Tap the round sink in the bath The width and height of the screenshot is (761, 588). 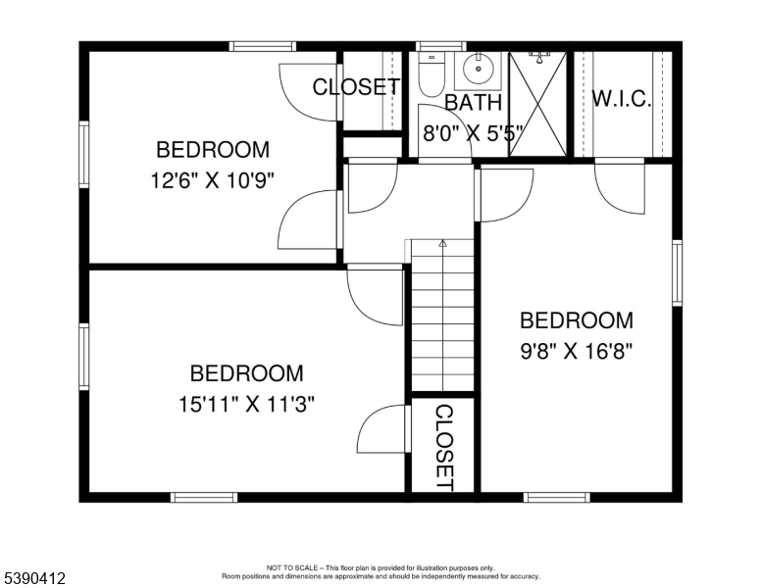coord(479,70)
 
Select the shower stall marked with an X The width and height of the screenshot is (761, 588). coord(537,104)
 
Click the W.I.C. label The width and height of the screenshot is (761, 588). coord(621,98)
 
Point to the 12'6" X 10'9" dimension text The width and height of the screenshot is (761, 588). coord(213,181)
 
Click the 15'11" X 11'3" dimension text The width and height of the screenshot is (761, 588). coord(247,404)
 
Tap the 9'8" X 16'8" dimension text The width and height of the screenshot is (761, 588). coord(577,351)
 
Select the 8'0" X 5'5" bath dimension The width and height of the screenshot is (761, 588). coord(474,133)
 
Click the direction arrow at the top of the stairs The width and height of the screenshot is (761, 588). coord(442,243)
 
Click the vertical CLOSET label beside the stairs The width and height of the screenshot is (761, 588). coord(443,448)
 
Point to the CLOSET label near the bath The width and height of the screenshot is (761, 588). coord(357,87)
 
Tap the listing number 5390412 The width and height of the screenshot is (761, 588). coord(34,578)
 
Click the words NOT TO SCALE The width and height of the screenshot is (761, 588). coord(292,567)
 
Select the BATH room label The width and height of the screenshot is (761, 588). coord(474,102)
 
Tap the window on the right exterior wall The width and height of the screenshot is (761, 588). coord(677,273)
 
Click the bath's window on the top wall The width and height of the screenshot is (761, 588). coord(440,47)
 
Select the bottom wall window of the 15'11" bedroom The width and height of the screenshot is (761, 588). coord(204,497)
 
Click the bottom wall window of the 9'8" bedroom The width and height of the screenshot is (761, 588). coord(557,497)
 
